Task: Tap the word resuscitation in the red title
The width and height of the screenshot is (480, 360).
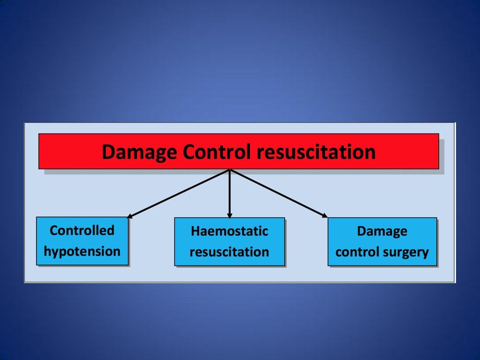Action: click(316, 151)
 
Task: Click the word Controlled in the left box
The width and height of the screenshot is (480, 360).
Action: click(82, 230)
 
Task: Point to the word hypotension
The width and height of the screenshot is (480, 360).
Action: click(82, 252)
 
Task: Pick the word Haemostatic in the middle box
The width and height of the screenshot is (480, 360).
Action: click(229, 231)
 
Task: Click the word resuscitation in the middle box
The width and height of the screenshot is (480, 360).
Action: click(229, 252)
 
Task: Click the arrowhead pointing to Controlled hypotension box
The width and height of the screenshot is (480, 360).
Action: click(129, 216)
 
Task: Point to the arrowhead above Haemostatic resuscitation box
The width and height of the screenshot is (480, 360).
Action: click(229, 215)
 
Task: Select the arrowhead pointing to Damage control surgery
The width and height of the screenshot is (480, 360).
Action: click(325, 215)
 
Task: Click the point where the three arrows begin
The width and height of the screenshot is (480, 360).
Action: click(229, 169)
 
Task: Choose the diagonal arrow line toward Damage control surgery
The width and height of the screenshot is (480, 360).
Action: click(278, 193)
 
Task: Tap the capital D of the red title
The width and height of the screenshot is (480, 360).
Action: click(109, 151)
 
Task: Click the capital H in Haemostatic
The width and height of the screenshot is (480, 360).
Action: click(195, 231)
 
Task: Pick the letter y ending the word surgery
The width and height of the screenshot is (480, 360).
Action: click(425, 254)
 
